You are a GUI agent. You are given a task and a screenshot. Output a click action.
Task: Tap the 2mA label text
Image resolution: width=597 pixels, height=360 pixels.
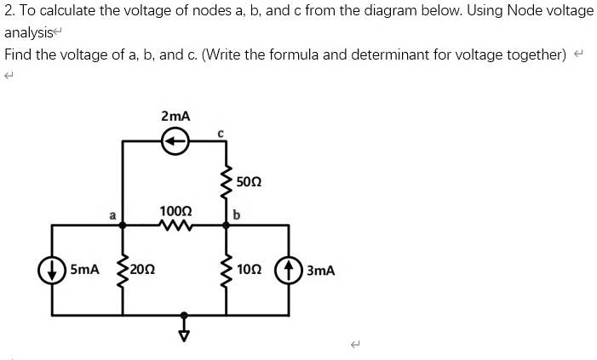coord(175,115)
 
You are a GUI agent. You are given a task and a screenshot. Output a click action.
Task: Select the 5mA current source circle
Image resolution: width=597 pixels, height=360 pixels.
coord(52,270)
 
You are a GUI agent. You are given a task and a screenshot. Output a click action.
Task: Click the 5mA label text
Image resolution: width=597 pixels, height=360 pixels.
coord(85,270)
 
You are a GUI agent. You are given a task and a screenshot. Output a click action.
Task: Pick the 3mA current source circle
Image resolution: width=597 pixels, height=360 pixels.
coord(290,270)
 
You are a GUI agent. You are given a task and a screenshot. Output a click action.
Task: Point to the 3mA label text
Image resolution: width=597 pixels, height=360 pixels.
coord(319,271)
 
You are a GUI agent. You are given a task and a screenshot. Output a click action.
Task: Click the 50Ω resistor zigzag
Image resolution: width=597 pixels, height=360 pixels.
coord(226,181)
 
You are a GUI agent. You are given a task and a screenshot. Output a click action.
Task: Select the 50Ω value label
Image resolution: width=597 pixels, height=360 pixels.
coord(250,181)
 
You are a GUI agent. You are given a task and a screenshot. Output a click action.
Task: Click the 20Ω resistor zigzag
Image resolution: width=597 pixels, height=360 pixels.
coord(122,270)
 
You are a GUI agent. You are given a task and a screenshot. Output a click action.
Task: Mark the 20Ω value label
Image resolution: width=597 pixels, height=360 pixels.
coord(143,270)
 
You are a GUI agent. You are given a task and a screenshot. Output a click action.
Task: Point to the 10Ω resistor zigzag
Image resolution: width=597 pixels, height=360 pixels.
coord(226,270)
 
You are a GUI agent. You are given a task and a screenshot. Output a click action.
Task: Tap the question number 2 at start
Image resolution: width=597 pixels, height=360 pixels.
coord(8,11)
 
